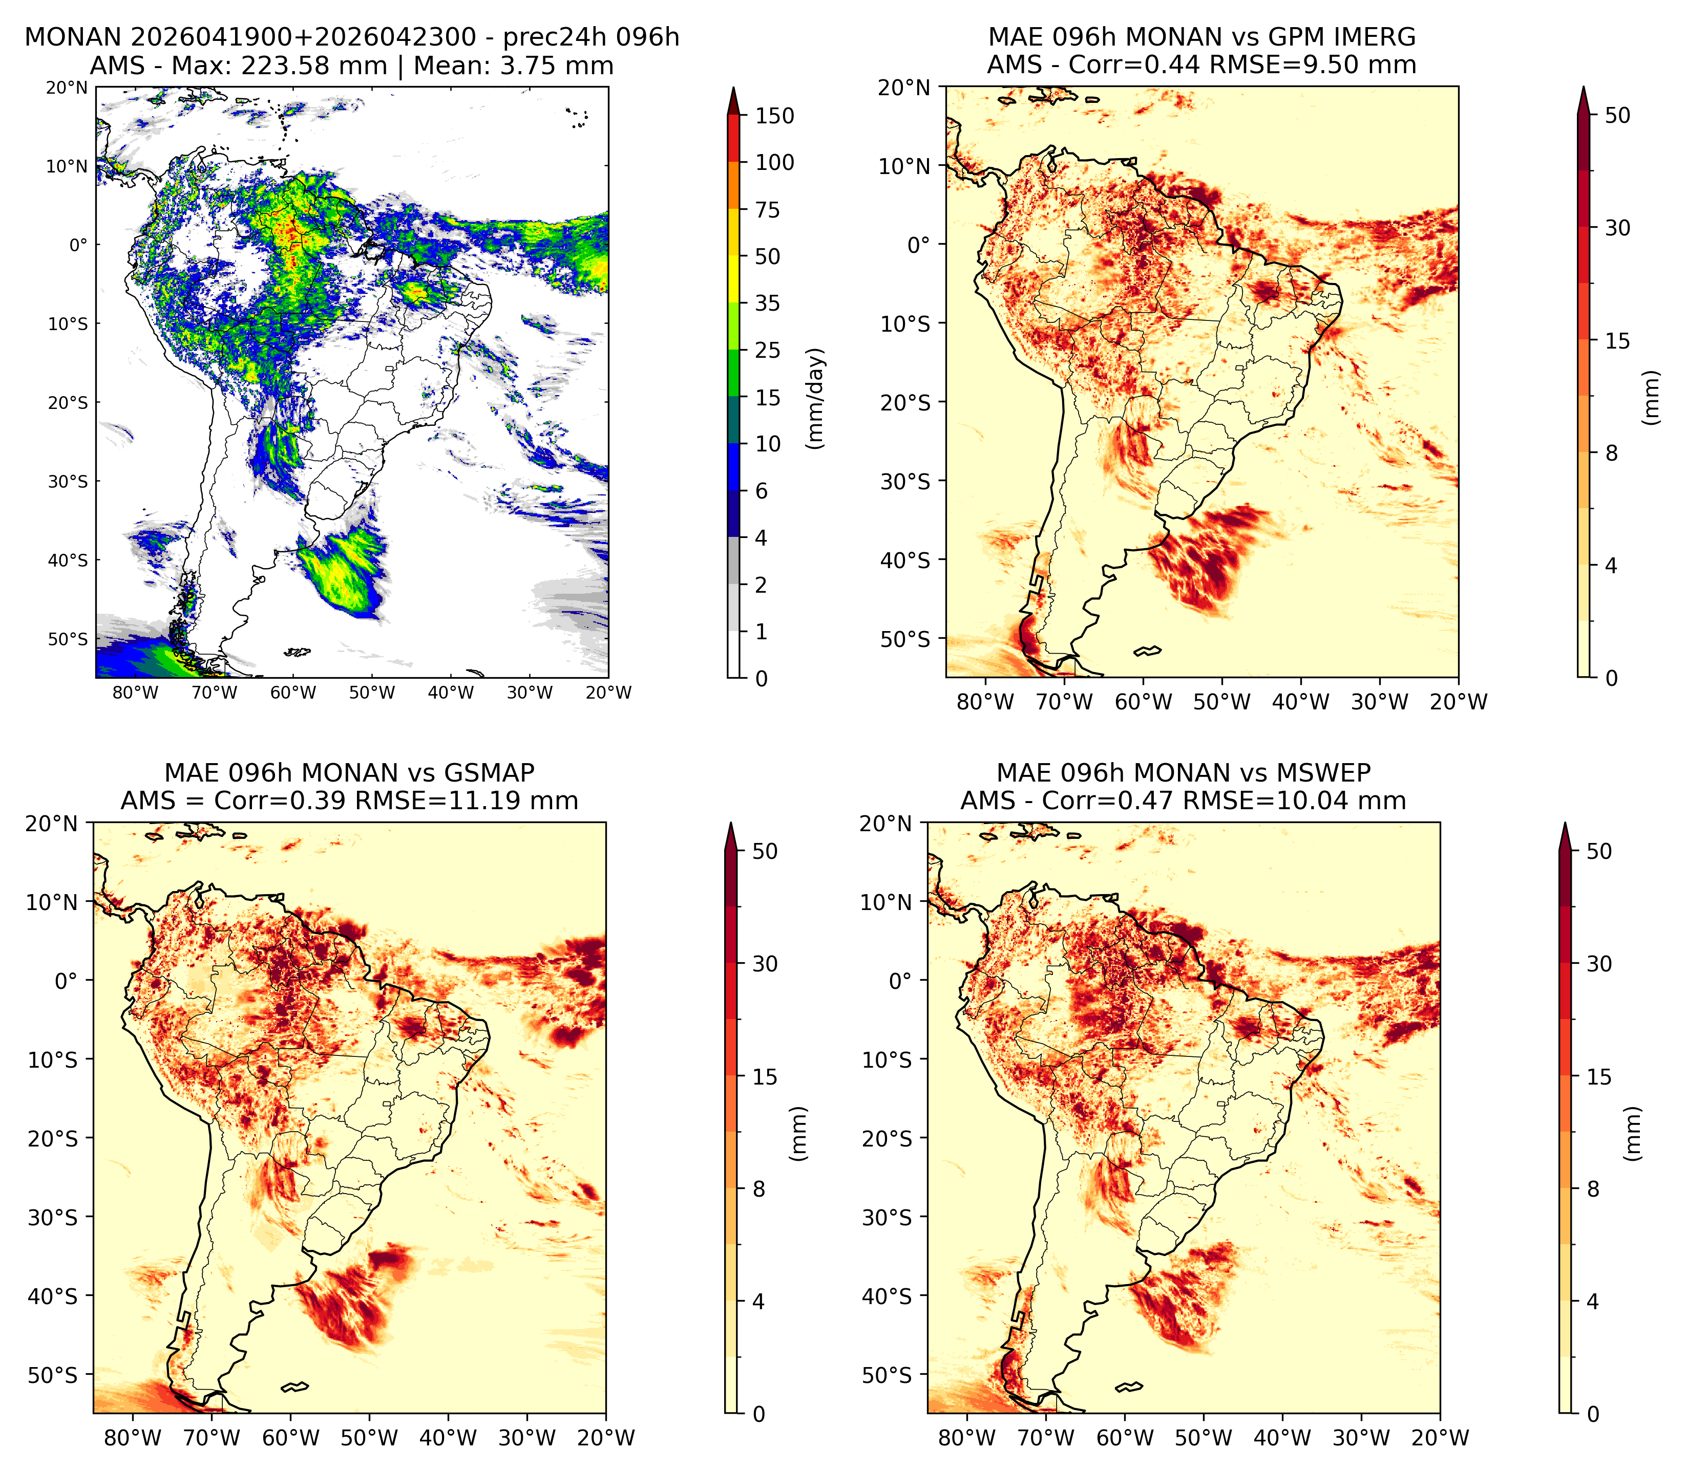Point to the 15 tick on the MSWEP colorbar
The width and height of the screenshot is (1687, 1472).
click(x=1599, y=1077)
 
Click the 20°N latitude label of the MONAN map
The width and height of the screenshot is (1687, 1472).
click(x=67, y=88)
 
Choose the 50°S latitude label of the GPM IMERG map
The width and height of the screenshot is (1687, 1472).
click(x=905, y=639)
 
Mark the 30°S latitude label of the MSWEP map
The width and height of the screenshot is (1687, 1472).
click(x=887, y=1217)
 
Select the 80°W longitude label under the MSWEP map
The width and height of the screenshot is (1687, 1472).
click(x=967, y=1438)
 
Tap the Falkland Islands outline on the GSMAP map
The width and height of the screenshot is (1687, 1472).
click(x=294, y=1388)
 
